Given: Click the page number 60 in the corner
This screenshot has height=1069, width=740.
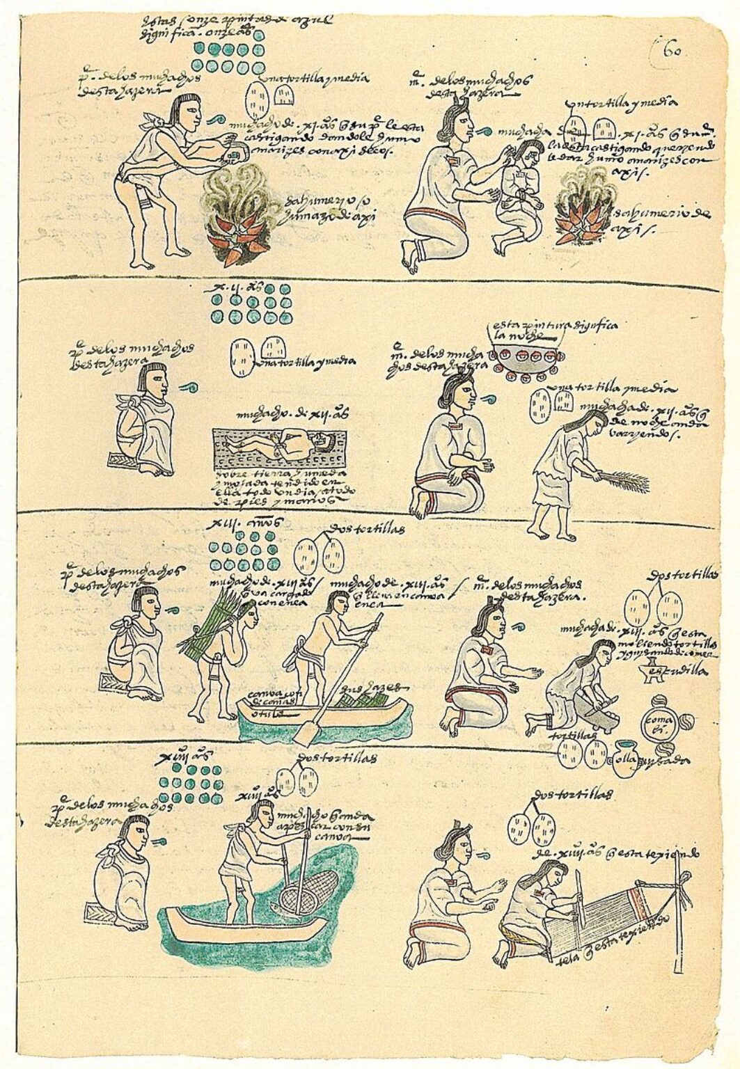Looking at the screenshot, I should pos(670,50).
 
